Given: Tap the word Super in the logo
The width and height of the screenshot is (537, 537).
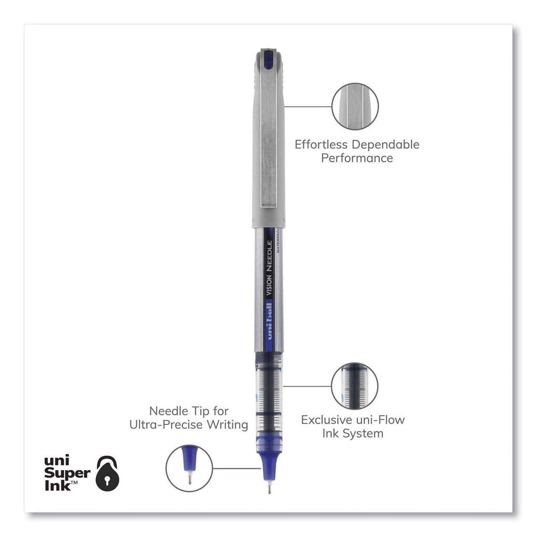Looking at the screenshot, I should pos(67,473).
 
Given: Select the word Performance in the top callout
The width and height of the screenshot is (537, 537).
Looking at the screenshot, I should pos(357,158).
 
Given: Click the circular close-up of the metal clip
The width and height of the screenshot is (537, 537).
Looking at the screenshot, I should pos(355,103).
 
